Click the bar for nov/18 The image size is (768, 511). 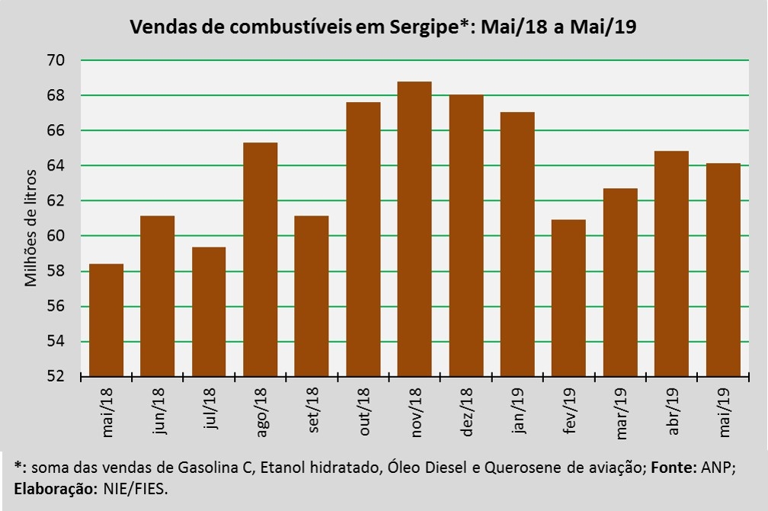coord(414,228)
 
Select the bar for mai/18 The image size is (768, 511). coord(106,320)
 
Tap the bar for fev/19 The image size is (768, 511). coord(568,298)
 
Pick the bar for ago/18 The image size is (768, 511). coord(260,259)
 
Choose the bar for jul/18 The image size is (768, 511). coord(209,311)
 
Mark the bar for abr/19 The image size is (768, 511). coord(671,263)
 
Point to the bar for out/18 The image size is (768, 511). coord(363,239)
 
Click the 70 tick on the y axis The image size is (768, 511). coord(56,60)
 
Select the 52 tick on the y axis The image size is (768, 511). coord(56,377)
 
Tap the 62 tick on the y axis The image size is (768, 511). coord(56,201)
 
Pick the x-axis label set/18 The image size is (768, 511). coord(312,412)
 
